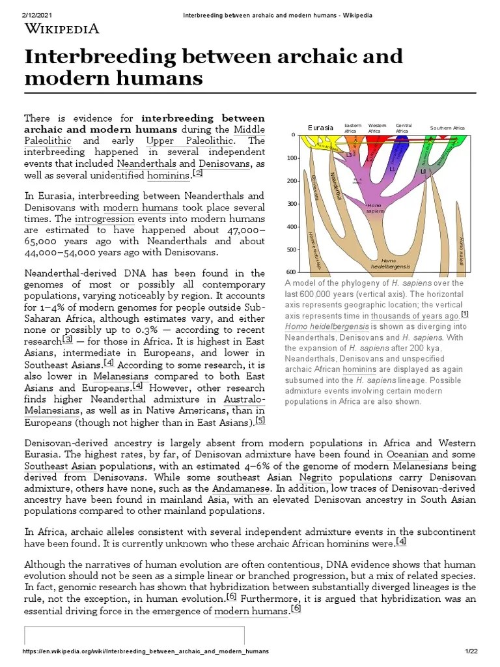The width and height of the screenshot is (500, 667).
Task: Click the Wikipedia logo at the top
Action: coord(62,29)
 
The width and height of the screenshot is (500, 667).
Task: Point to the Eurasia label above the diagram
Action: coord(320,128)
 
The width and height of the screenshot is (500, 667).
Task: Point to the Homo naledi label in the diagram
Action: coord(461,249)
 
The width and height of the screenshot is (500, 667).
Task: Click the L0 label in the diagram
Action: coord(423,172)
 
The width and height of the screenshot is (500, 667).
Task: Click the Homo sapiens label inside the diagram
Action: coord(376,208)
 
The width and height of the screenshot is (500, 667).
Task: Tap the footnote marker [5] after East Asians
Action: coord(260,420)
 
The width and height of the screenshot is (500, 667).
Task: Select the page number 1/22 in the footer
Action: coord(471,651)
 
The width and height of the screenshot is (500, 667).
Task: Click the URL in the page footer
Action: coord(145,651)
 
